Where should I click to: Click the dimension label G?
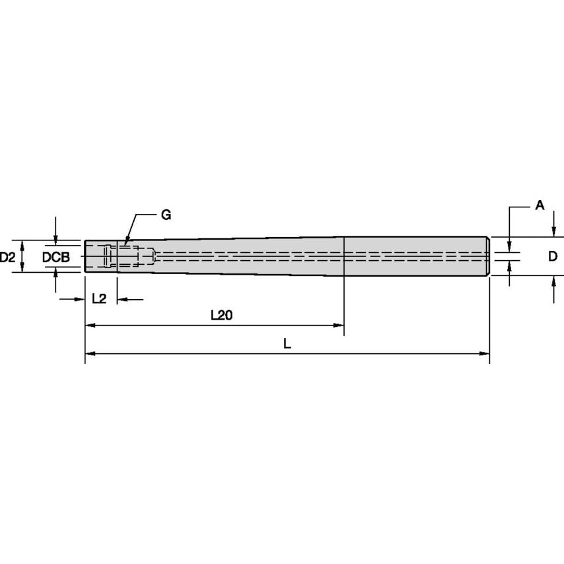(165, 215)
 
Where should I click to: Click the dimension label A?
(540, 205)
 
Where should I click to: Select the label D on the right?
(553, 256)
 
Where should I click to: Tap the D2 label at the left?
(7, 257)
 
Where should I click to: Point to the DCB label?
(56, 258)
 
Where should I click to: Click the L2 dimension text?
(99, 299)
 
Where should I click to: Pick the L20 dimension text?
(221, 316)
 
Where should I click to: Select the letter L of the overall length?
(287, 344)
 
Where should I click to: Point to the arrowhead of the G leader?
(124, 244)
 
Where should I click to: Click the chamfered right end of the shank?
(488, 256)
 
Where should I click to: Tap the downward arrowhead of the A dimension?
(510, 247)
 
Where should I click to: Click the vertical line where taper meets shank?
(344, 256)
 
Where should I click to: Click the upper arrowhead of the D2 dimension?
(21, 244)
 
